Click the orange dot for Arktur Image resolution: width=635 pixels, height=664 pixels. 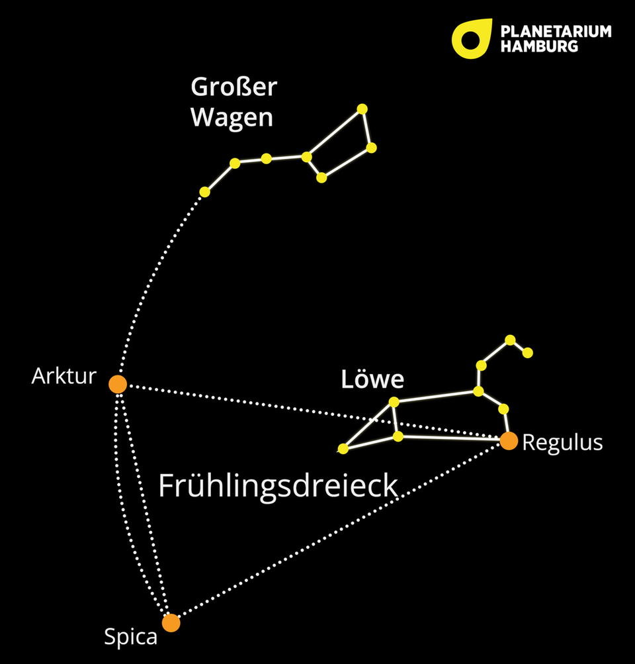(x=118, y=384)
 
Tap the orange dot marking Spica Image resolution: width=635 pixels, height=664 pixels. (x=171, y=623)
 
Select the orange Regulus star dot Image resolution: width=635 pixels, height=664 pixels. (x=508, y=441)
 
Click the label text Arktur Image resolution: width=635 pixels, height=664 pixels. (x=64, y=377)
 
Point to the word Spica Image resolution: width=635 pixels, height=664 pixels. (x=131, y=637)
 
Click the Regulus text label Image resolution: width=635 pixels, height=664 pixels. (x=562, y=442)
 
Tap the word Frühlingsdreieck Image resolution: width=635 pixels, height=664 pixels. (x=278, y=487)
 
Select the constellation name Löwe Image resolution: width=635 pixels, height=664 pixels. (x=372, y=380)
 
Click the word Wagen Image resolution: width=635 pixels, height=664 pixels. (x=232, y=117)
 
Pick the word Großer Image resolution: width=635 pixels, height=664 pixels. (x=233, y=87)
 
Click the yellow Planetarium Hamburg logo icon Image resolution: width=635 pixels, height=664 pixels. (x=471, y=38)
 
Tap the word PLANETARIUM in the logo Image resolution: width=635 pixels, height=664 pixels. (x=556, y=32)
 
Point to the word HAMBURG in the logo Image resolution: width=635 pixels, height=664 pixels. (x=539, y=46)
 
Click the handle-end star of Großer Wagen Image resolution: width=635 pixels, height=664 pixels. (x=205, y=192)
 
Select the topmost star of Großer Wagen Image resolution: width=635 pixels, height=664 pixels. (x=361, y=109)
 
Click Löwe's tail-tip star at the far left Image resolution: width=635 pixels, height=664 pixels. (x=343, y=449)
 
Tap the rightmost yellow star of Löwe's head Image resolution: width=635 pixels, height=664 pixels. (x=527, y=353)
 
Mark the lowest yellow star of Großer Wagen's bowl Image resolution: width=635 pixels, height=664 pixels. (x=321, y=177)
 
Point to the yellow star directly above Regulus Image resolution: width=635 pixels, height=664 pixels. (x=503, y=408)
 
